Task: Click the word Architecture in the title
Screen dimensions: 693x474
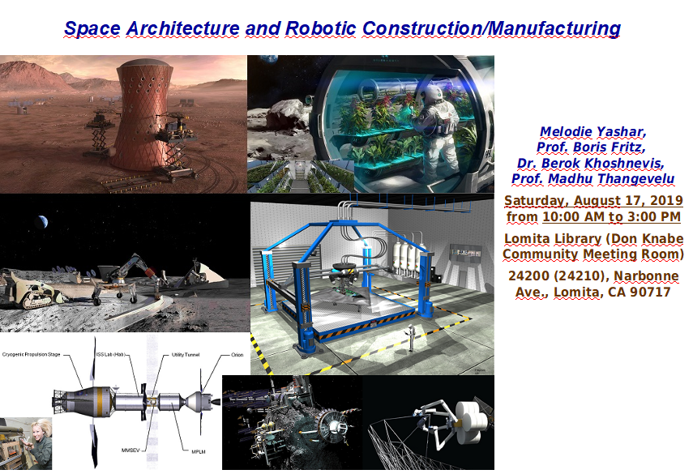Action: pyautogui.click(x=182, y=28)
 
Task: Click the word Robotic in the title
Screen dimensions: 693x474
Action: pyautogui.click(x=320, y=28)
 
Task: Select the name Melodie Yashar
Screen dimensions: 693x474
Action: pyautogui.click(x=592, y=131)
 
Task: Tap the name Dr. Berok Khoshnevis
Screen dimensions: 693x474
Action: pyautogui.click(x=590, y=163)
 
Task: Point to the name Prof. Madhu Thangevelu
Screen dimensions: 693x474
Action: pyautogui.click(x=592, y=178)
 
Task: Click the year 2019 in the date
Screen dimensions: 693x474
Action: pyautogui.click(x=666, y=201)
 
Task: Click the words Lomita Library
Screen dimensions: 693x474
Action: pyautogui.click(x=553, y=239)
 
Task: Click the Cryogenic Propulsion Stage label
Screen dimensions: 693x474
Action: pyautogui.click(x=31, y=354)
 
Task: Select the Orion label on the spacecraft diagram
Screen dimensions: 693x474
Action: pyautogui.click(x=237, y=355)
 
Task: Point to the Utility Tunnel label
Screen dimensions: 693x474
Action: pyautogui.click(x=186, y=355)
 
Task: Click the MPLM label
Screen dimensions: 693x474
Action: pyautogui.click(x=199, y=451)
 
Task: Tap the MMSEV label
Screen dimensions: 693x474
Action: pyautogui.click(x=130, y=451)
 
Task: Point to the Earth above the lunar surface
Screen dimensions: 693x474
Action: pyautogui.click(x=41, y=221)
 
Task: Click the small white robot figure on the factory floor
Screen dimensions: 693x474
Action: pyautogui.click(x=412, y=338)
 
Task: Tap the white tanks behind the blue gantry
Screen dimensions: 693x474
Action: pyautogui.click(x=407, y=256)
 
